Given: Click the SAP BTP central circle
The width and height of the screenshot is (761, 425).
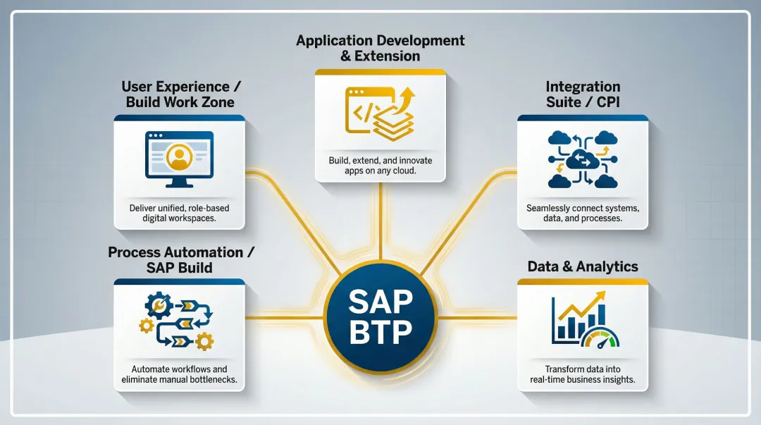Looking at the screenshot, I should [x=380, y=316].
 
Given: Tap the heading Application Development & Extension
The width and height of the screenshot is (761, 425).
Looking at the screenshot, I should [x=380, y=48].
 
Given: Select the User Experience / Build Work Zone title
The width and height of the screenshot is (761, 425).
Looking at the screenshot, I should [x=180, y=94].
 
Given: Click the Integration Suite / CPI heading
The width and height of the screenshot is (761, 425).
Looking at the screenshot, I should [x=583, y=94].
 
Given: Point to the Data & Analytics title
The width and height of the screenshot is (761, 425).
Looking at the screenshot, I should [x=583, y=266].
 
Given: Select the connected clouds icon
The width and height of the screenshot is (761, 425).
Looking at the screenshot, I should [x=583, y=160].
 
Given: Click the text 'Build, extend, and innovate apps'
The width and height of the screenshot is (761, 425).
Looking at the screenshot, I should [x=380, y=166].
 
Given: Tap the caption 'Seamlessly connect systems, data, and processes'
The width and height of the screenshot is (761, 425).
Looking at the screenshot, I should [x=583, y=214].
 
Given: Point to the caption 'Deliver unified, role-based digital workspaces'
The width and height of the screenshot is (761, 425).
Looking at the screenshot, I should [x=179, y=214].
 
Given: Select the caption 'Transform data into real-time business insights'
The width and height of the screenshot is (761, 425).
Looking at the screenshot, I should [x=583, y=374].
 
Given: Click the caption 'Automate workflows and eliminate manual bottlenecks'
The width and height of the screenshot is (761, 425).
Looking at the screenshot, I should [x=179, y=374].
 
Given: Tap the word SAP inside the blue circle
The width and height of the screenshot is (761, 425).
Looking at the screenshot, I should [x=380, y=302].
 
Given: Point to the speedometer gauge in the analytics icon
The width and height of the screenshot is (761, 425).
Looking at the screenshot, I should [x=600, y=339].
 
